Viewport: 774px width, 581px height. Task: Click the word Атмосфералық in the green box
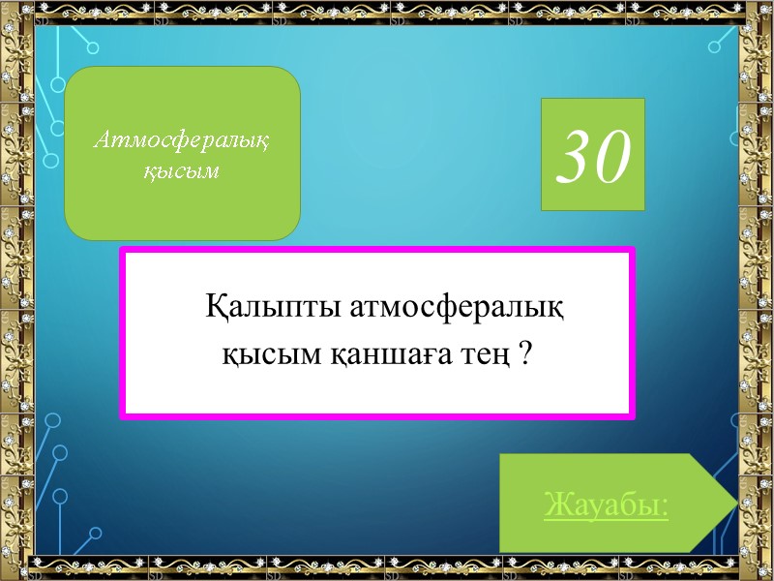(x=182, y=141)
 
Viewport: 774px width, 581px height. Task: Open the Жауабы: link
(x=607, y=505)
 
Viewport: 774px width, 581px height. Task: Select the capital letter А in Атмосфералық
(x=101, y=141)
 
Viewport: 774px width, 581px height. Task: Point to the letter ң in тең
(x=499, y=356)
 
